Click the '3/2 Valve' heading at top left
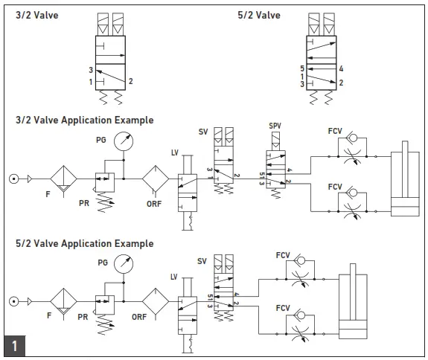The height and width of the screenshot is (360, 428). pyautogui.click(x=38, y=15)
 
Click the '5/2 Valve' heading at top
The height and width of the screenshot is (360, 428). pyautogui.click(x=259, y=15)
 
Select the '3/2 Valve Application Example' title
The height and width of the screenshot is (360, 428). pyautogui.click(x=85, y=120)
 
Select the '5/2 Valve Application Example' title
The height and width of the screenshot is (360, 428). pyautogui.click(x=85, y=243)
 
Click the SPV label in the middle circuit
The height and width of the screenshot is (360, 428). pyautogui.click(x=275, y=127)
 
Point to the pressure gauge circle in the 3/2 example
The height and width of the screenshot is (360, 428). pyautogui.click(x=126, y=144)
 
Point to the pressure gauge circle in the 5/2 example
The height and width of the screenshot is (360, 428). pyautogui.click(x=126, y=265)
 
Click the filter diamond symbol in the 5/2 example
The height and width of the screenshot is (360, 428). pyautogui.click(x=63, y=302)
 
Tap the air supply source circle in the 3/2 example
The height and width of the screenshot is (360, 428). pyautogui.click(x=13, y=179)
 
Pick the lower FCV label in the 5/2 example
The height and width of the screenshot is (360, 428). pyautogui.click(x=283, y=308)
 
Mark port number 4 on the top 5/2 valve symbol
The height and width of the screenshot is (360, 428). pyautogui.click(x=340, y=69)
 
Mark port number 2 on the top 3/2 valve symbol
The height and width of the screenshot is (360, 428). pyautogui.click(x=131, y=80)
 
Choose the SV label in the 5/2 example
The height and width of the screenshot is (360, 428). pyautogui.click(x=202, y=261)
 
